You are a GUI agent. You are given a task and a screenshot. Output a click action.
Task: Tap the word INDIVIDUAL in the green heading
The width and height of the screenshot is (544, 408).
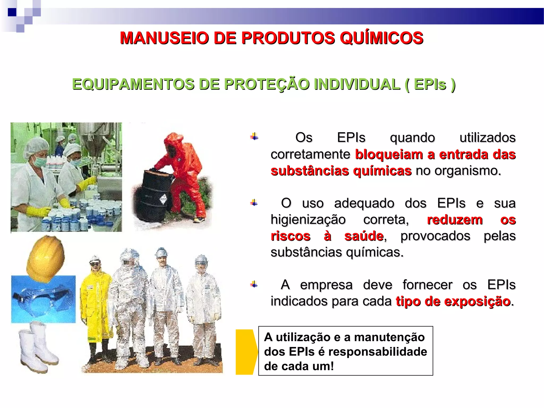tap(357, 84)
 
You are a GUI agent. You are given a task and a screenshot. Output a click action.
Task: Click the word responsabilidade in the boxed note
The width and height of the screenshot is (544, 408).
tap(377, 352)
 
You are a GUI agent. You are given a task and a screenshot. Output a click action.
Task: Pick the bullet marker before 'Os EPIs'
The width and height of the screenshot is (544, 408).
tap(254, 137)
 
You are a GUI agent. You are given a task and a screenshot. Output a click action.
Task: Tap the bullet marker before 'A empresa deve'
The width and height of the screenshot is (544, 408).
tap(254, 284)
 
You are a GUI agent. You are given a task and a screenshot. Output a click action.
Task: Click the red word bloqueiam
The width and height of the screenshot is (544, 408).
tap(389, 155)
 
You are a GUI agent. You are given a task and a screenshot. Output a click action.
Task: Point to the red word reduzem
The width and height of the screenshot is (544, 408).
tap(454, 220)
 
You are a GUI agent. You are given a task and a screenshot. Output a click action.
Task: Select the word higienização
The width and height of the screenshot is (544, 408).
tap(308, 220)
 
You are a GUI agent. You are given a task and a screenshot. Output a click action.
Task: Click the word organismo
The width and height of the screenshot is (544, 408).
tap(467, 171)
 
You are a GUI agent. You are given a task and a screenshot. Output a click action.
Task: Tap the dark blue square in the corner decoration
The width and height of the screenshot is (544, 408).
tap(12, 12)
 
